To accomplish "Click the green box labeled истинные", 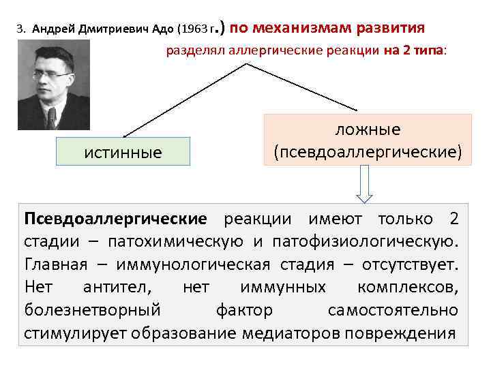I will tap(123, 151).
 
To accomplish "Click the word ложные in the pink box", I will tap(368, 129).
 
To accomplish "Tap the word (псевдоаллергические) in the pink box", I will tap(368, 151).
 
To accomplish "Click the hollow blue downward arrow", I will tap(365, 183).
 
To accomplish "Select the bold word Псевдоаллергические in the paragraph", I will tap(115, 219).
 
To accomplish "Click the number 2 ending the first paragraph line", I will tap(454, 219).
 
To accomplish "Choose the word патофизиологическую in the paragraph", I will tap(363, 241).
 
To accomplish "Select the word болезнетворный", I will tap(92, 310).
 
